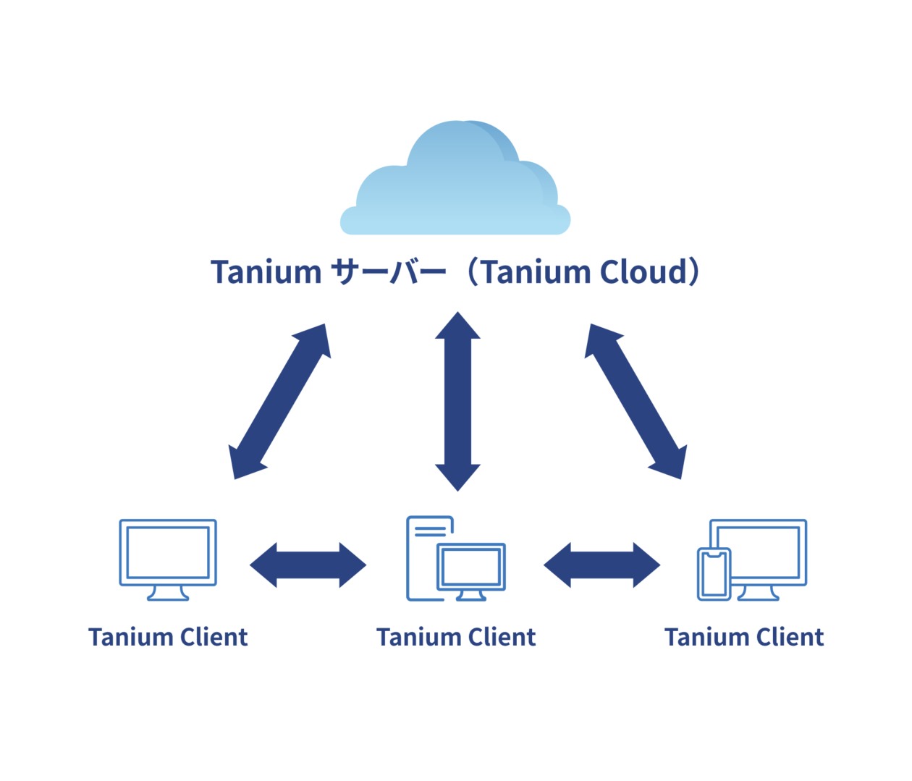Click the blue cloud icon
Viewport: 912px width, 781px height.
click(x=455, y=185)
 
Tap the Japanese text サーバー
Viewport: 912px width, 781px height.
click(x=388, y=273)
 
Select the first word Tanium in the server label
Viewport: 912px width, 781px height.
click(x=266, y=272)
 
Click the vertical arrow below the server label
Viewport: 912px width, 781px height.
click(x=457, y=402)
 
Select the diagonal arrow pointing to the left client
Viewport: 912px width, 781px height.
click(x=279, y=402)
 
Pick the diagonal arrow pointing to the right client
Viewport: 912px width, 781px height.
click(x=636, y=402)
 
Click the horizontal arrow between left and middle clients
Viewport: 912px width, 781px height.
click(x=308, y=565)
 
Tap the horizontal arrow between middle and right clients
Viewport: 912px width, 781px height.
click(x=601, y=565)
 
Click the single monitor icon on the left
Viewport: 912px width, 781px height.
click(x=168, y=552)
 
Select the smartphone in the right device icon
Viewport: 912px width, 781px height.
click(x=714, y=575)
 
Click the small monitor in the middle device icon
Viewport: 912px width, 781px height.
click(x=471, y=566)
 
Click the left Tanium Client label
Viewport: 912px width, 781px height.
click(x=168, y=637)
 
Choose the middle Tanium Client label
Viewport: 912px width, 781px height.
click(x=456, y=637)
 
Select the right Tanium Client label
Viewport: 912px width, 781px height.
click(x=744, y=637)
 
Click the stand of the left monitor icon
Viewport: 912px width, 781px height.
click(x=168, y=594)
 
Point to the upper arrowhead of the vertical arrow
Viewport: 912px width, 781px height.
click(x=457, y=326)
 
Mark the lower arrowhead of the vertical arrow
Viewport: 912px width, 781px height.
click(x=457, y=477)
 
